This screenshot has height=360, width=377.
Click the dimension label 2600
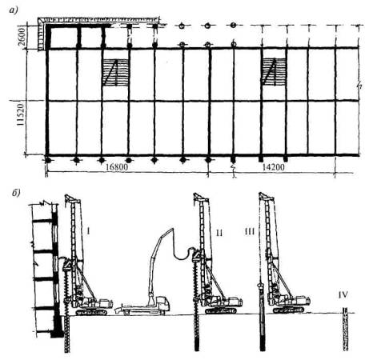(22, 37)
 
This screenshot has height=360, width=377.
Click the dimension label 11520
(21, 115)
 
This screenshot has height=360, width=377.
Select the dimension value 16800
(117, 167)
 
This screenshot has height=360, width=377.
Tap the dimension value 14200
(274, 167)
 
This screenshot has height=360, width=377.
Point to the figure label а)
(13, 10)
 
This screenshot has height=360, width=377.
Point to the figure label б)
(16, 194)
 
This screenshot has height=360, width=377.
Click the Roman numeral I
(88, 231)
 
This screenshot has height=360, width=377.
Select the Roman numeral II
(219, 233)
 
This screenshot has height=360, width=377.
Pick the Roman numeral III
(250, 231)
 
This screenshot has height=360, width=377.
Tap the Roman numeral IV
(343, 295)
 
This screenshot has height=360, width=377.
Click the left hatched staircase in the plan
(115, 72)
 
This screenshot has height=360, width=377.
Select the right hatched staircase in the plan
(274, 71)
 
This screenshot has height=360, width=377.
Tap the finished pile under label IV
(346, 329)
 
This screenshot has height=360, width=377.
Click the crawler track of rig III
(288, 310)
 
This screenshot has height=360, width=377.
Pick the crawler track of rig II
(221, 310)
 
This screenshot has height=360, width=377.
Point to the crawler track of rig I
(91, 312)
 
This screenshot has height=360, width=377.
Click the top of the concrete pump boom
(172, 229)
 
